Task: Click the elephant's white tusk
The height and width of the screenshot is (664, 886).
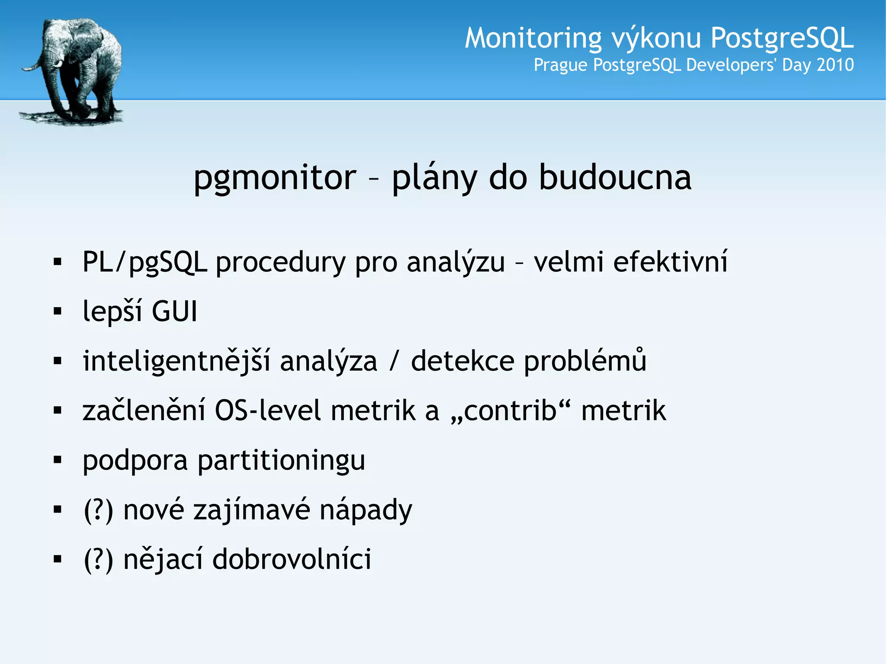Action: click(x=58, y=64)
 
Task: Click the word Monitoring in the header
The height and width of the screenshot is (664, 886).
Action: click(x=533, y=38)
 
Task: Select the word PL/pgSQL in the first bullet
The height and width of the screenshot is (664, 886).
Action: click(x=144, y=262)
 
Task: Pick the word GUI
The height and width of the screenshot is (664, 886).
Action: click(x=174, y=311)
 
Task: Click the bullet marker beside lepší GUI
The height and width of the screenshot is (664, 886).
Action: click(x=58, y=311)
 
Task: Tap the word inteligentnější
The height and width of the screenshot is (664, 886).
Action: click(x=177, y=361)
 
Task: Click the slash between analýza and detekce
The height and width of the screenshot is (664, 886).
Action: click(x=393, y=361)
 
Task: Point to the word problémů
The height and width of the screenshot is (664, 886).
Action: click(x=585, y=361)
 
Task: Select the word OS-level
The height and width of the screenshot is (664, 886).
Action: click(x=268, y=411)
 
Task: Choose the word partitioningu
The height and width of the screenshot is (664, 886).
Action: click(x=281, y=460)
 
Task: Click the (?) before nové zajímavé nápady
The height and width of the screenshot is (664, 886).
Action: click(x=99, y=510)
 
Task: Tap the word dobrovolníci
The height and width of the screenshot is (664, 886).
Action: click(x=292, y=559)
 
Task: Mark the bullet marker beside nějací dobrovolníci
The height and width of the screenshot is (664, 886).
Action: click(x=58, y=559)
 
